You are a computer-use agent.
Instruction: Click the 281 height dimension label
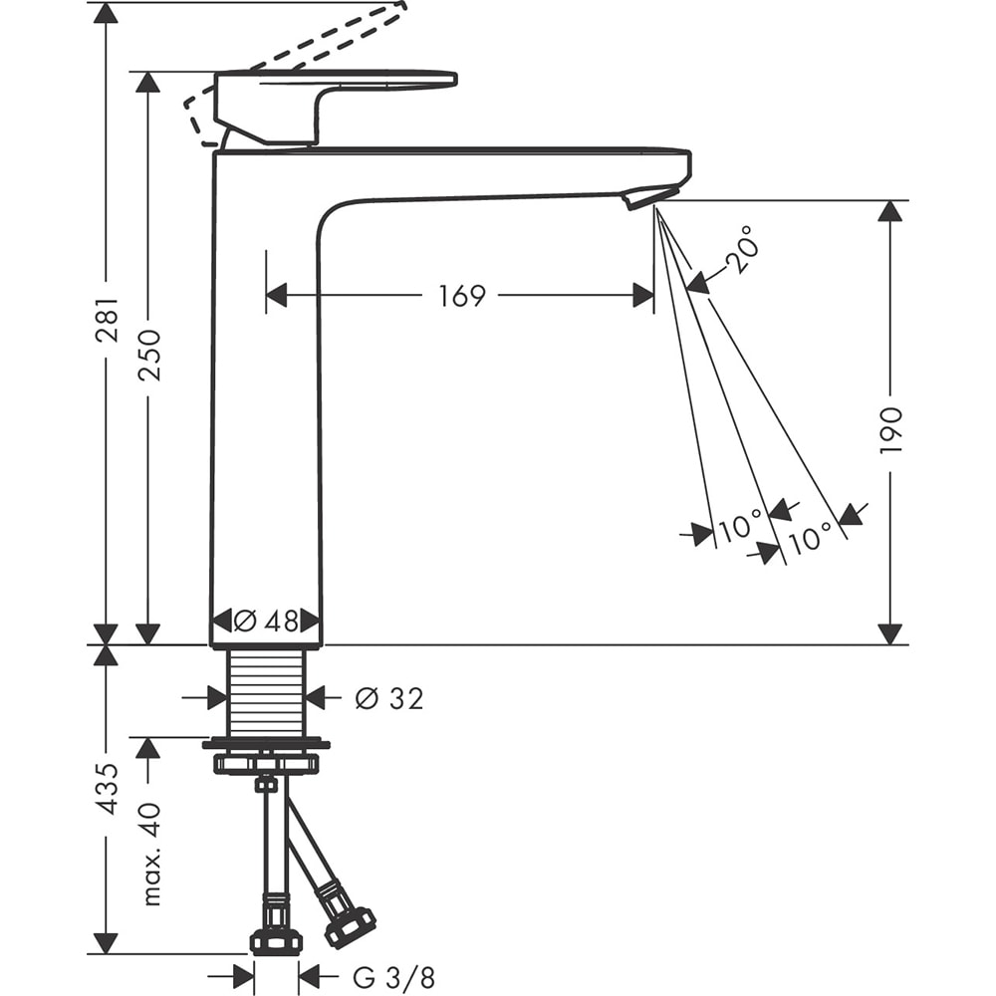(107, 320)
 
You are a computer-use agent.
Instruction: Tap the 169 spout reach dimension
(461, 296)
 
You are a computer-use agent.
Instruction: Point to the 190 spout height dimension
(889, 430)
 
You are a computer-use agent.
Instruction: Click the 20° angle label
(743, 250)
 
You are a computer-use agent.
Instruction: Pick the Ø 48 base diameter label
(266, 621)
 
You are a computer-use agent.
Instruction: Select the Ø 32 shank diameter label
(389, 699)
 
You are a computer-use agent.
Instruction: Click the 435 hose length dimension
(107, 789)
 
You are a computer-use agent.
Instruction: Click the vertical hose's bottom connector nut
(276, 940)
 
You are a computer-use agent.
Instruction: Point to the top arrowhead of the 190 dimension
(889, 211)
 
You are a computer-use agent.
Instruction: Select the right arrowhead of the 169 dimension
(643, 296)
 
